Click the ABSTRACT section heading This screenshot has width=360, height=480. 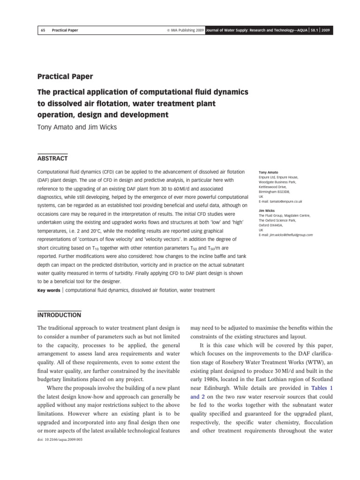(52, 158)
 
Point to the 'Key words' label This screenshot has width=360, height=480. (48, 291)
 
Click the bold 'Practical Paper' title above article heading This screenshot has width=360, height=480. (65, 76)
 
